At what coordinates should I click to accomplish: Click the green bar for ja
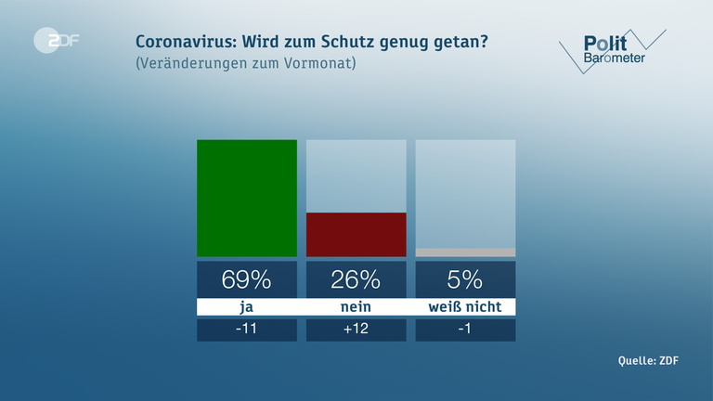click(x=247, y=198)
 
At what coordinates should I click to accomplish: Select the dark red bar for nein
click(x=356, y=234)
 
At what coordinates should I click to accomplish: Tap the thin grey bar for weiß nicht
click(x=465, y=252)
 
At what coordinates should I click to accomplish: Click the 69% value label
click(x=247, y=279)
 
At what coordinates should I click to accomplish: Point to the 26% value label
click(x=356, y=279)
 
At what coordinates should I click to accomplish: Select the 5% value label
click(x=465, y=279)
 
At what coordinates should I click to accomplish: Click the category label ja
click(x=247, y=307)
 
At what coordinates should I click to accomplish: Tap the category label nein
click(x=356, y=307)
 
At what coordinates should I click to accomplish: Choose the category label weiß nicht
click(x=465, y=307)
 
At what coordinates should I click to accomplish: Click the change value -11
click(x=247, y=330)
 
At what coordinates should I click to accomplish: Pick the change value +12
click(x=356, y=330)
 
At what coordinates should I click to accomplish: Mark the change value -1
click(x=465, y=330)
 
